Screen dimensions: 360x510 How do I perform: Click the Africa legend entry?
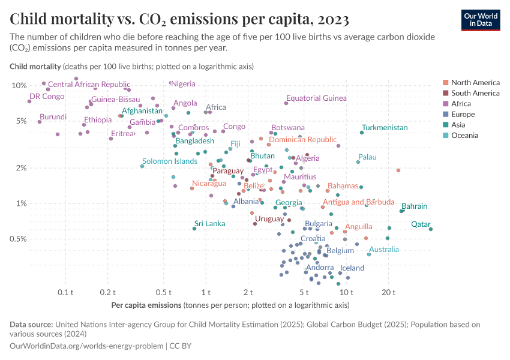462,104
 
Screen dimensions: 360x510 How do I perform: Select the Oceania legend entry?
465,136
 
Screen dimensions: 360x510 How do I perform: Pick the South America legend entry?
475,93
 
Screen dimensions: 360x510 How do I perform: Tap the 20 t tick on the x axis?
388,292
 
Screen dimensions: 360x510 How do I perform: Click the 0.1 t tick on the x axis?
65,292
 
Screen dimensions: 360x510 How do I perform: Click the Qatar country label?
421,224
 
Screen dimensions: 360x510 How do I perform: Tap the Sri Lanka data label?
210,224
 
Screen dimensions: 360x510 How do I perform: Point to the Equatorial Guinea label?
316,98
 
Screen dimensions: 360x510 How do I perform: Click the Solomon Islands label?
169,161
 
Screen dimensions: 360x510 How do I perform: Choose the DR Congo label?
47,97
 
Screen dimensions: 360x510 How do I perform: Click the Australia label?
383,250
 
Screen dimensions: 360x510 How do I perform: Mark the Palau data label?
367,157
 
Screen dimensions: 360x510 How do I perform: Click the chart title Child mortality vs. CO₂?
179,19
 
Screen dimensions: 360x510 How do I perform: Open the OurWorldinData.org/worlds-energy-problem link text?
86,346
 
